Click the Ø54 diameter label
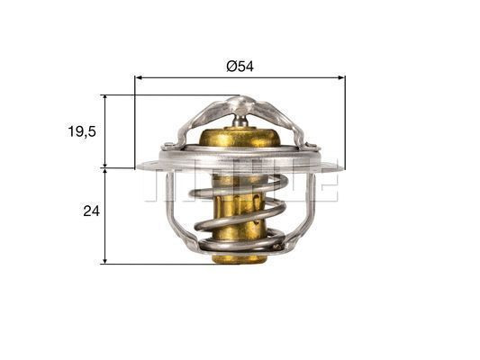(240, 67)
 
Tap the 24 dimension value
(89, 211)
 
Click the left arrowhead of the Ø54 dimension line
(139, 77)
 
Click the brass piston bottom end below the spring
(240, 257)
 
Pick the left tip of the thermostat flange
(139, 165)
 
